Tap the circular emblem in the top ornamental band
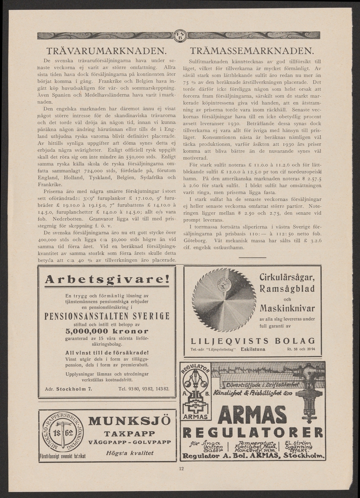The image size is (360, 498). coord(180,36)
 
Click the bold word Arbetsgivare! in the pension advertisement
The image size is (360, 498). coord(107,280)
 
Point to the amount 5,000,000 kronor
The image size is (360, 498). coord(107,331)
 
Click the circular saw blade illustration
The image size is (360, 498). coord(224,300)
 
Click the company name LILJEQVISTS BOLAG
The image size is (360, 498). coord(252,341)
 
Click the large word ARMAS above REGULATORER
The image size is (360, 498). coord(252,415)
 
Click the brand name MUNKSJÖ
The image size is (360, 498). coord(130,420)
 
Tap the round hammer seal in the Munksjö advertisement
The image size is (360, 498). coord(63,434)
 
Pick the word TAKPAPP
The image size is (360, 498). coord(130,432)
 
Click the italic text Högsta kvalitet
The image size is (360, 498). coord(130,453)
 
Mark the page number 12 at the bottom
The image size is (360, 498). coord(181,469)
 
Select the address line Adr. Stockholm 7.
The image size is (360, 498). coord(68,389)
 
